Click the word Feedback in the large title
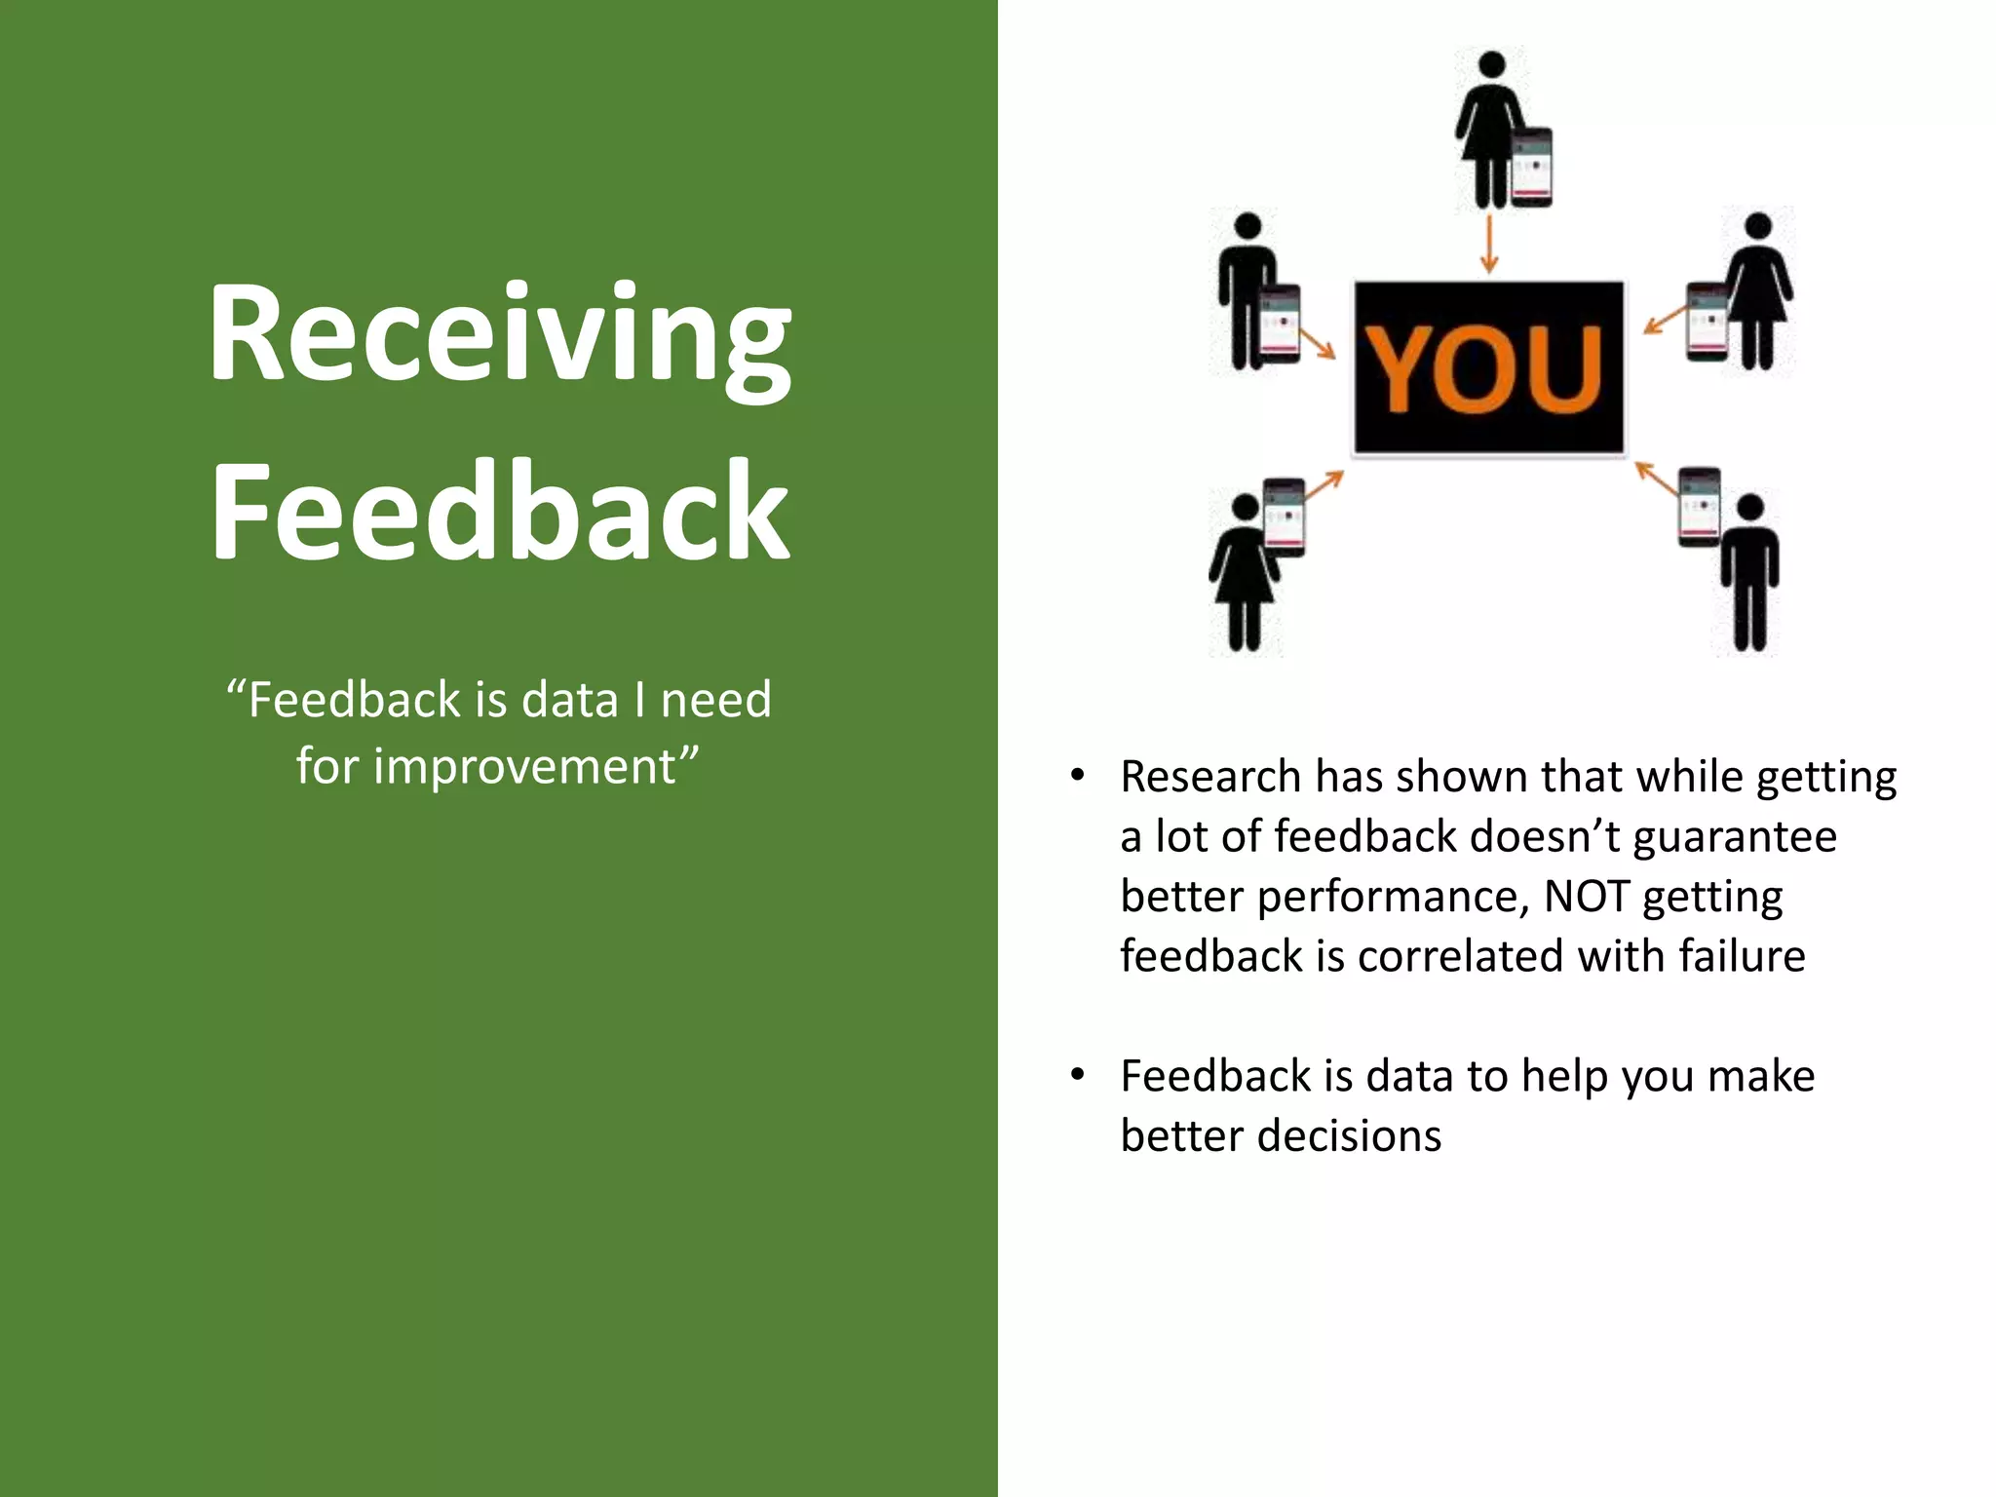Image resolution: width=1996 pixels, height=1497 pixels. click(x=499, y=512)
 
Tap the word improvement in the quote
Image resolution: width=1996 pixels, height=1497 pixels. click(x=525, y=766)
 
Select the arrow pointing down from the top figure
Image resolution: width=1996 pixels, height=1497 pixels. click(x=1488, y=244)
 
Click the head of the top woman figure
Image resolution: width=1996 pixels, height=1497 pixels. click(x=1490, y=65)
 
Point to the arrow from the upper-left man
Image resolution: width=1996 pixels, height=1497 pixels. click(x=1317, y=342)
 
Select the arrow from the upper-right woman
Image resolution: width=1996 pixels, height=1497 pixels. click(x=1664, y=319)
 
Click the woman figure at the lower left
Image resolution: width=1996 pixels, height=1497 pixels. click(x=1245, y=575)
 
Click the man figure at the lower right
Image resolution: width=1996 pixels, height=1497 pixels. click(x=1750, y=575)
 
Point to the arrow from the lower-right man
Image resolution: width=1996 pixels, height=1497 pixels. click(x=1656, y=479)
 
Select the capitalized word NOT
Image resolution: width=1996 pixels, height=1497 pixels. click(x=1587, y=897)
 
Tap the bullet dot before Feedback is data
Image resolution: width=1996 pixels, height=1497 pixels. click(x=1077, y=1075)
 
